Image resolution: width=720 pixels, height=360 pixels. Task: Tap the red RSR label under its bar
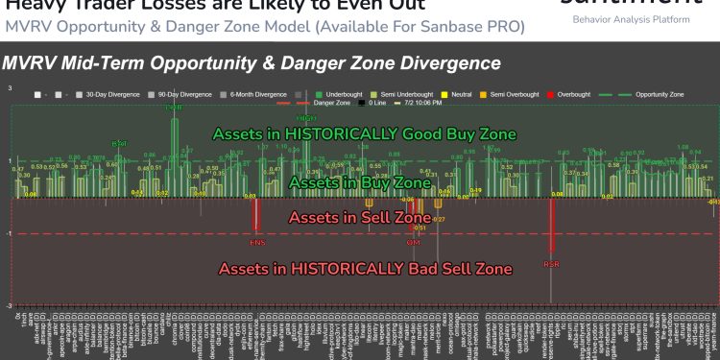coord(551,263)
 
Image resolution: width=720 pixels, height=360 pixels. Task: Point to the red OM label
coord(414,243)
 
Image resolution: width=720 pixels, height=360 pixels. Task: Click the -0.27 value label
coord(439,220)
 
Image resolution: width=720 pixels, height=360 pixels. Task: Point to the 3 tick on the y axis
coord(9,87)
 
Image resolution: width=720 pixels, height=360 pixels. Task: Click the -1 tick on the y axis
coord(9,234)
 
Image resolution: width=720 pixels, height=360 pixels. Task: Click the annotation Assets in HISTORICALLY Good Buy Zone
coord(365,133)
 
